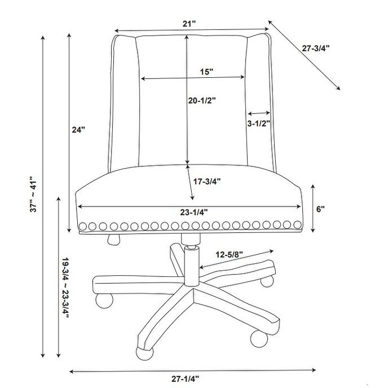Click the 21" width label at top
tap(189, 24)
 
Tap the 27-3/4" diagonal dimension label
tap(316, 48)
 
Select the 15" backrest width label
tap(206, 72)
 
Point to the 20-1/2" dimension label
tap(202, 100)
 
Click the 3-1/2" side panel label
tap(259, 124)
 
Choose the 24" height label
tap(78, 129)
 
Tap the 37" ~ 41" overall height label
tap(33, 194)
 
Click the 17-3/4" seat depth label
tap(207, 182)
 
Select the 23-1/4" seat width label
tap(194, 212)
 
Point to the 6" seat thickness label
tap(320, 209)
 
